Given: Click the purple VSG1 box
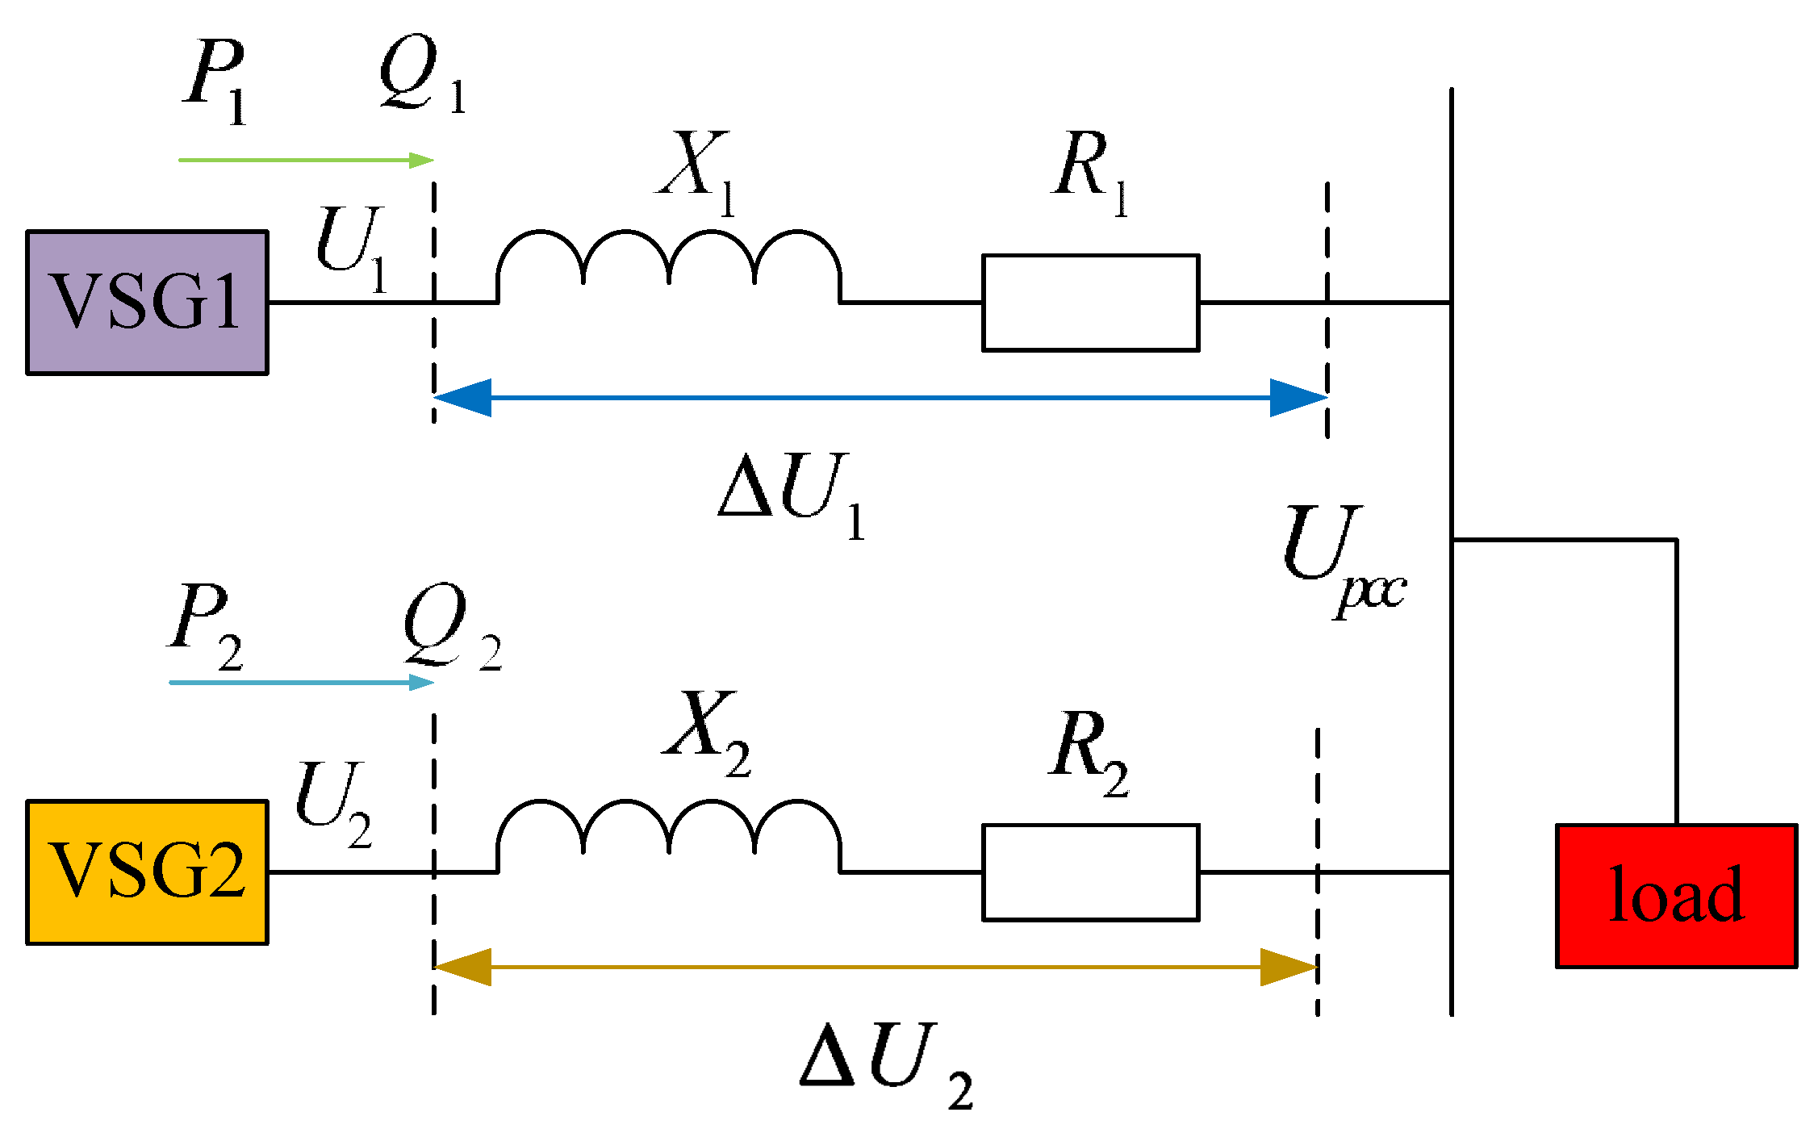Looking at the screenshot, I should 147,303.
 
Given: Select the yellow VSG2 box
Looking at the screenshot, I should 147,872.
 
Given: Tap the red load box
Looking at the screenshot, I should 1676,896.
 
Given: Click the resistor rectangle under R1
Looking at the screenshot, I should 1090,303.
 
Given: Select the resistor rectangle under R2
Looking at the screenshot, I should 1090,872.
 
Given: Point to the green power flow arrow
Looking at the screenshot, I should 307,160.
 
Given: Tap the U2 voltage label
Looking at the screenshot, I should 332,803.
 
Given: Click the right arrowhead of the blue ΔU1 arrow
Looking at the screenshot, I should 1298,398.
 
